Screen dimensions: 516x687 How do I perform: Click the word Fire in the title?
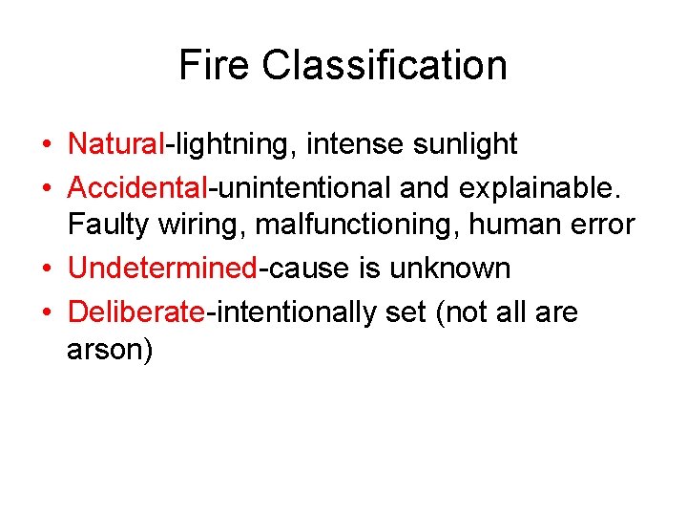pyautogui.click(x=215, y=65)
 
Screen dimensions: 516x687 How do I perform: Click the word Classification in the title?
pyautogui.click(x=385, y=65)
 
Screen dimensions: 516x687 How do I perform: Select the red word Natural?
pyautogui.click(x=116, y=144)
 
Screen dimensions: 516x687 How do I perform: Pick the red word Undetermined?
pyautogui.click(x=162, y=269)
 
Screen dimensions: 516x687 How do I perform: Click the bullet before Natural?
pyautogui.click(x=46, y=145)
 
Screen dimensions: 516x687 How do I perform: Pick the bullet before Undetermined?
pyautogui.click(x=46, y=269)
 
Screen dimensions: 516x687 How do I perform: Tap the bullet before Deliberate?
pyautogui.click(x=46, y=312)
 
